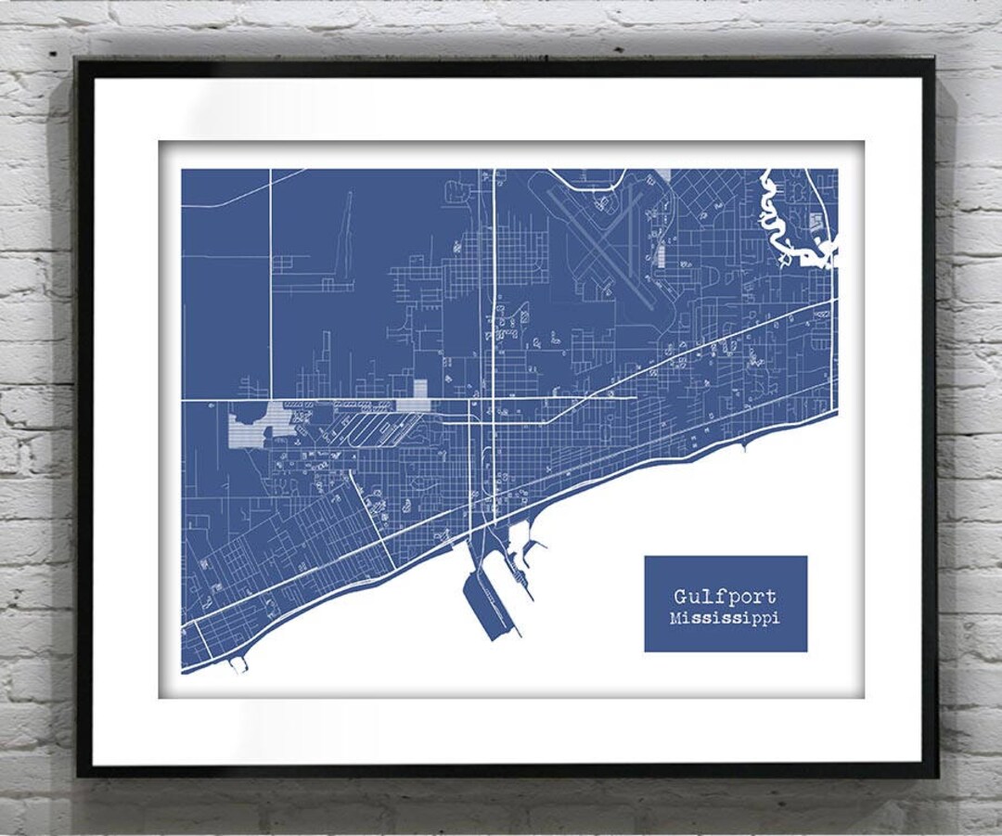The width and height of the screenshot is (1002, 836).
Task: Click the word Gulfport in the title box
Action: click(x=726, y=597)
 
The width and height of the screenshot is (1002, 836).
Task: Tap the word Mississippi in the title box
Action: click(x=726, y=618)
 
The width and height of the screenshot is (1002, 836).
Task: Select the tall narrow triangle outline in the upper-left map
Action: click(x=345, y=237)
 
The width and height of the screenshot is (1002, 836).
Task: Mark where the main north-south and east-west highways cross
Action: click(x=494, y=400)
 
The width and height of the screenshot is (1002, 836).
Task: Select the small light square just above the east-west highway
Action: click(x=420, y=389)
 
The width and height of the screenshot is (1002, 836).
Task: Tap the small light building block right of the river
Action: click(x=816, y=221)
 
